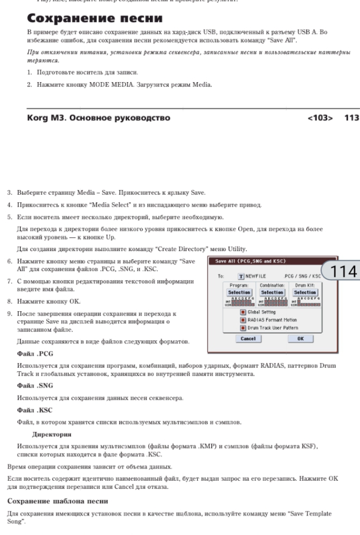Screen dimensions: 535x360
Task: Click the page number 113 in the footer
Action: coord(351,119)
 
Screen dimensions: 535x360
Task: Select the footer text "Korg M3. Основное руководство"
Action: coord(99,119)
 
